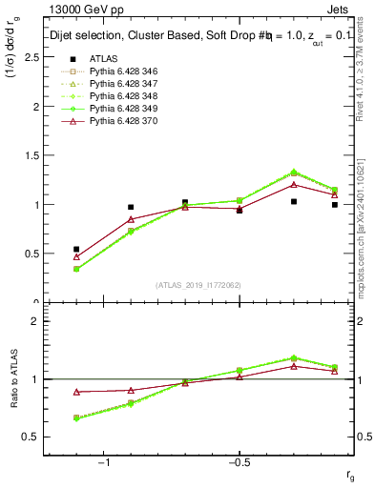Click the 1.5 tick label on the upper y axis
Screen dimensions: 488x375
click(31, 155)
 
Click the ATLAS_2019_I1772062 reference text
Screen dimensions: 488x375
click(198, 285)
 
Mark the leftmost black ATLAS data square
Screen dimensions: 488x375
click(76, 249)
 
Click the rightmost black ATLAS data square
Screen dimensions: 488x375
click(335, 204)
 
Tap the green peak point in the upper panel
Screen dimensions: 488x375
click(294, 173)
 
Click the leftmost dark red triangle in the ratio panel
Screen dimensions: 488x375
click(76, 392)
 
